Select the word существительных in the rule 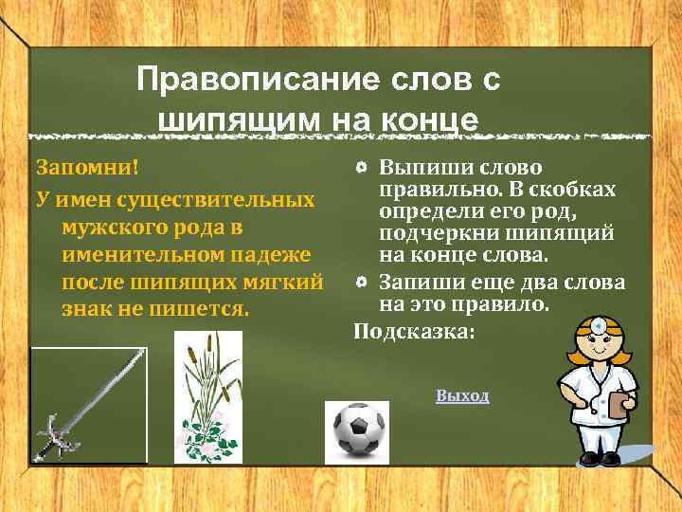click(215, 200)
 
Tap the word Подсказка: click(413, 331)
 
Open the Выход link click(462, 395)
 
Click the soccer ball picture click(356, 430)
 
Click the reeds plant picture click(206, 398)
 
